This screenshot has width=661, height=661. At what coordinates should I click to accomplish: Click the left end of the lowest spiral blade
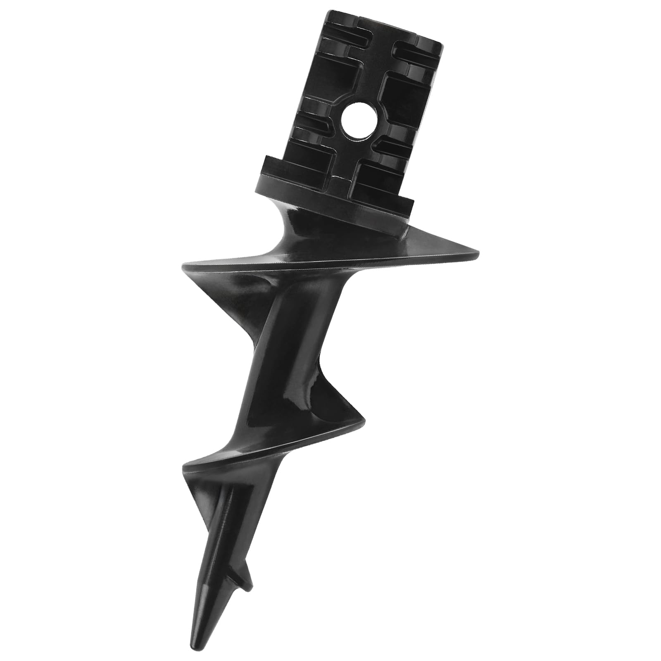[x=184, y=466]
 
